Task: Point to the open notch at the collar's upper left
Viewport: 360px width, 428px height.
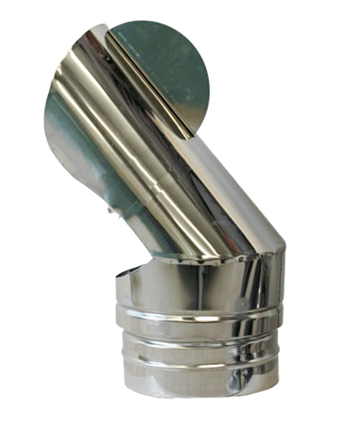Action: tap(130, 272)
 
